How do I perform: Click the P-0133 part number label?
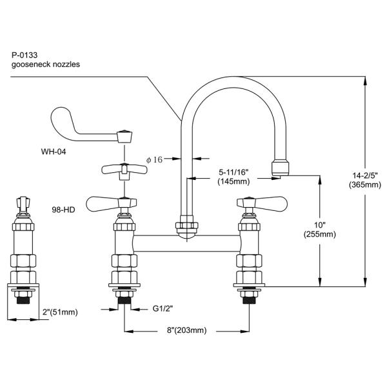click(25, 55)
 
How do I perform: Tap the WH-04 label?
click(54, 152)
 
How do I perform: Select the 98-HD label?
click(63, 210)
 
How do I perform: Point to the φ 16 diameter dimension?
click(155, 160)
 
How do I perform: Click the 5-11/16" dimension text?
click(233, 172)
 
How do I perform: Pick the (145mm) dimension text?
click(233, 182)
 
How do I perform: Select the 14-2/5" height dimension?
click(365, 175)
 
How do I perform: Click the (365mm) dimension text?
click(365, 184)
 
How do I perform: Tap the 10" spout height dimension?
click(320, 225)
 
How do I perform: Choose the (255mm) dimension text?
click(320, 234)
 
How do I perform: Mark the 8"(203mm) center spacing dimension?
click(186, 330)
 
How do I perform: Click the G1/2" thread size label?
click(163, 308)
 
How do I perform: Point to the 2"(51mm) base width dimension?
click(60, 312)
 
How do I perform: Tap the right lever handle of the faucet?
click(262, 203)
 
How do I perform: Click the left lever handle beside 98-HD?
click(111, 203)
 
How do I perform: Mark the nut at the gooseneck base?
click(186, 225)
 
